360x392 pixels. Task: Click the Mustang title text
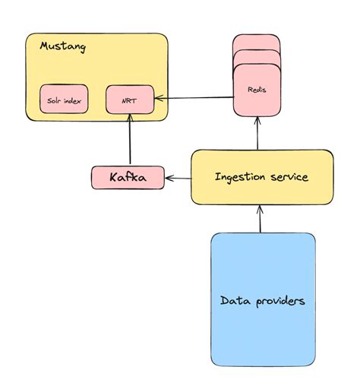click(62, 47)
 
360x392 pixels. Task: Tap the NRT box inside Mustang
click(129, 99)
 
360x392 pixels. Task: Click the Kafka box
click(127, 178)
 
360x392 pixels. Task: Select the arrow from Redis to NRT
click(194, 97)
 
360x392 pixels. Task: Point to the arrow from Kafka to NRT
click(130, 141)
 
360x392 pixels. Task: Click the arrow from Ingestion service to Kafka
click(178, 178)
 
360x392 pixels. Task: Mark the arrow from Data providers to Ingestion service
click(260, 219)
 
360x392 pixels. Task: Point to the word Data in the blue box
click(232, 301)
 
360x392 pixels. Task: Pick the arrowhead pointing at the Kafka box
click(169, 178)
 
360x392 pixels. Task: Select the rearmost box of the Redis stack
click(256, 41)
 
